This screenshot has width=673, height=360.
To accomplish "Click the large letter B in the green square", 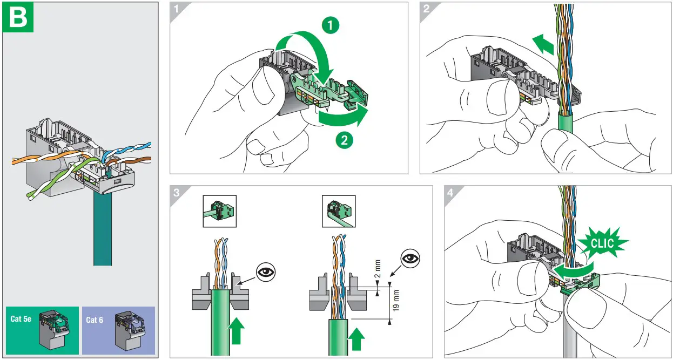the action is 18,17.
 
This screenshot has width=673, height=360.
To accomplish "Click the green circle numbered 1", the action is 331,25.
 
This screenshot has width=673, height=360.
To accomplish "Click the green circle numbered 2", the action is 344,140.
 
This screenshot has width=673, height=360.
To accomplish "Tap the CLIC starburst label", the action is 602,243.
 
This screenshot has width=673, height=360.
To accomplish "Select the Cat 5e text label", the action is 21,318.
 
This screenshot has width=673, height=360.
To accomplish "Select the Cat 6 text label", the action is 95,320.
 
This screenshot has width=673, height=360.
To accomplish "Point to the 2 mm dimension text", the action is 378,269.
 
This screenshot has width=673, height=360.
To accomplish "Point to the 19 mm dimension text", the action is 396,300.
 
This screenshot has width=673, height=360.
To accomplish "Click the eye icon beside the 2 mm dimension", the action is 410,258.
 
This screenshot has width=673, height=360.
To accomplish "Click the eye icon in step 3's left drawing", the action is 266,273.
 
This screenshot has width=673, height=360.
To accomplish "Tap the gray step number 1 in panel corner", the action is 177,9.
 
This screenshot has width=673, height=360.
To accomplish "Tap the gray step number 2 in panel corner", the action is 426,9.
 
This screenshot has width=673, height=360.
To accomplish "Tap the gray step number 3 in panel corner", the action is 177,193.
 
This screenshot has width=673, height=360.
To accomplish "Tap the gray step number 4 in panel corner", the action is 450,193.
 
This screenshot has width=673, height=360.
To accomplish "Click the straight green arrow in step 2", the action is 543,44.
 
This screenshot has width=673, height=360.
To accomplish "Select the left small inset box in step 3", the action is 220,211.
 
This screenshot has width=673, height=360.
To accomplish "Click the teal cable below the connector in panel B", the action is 103,228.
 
